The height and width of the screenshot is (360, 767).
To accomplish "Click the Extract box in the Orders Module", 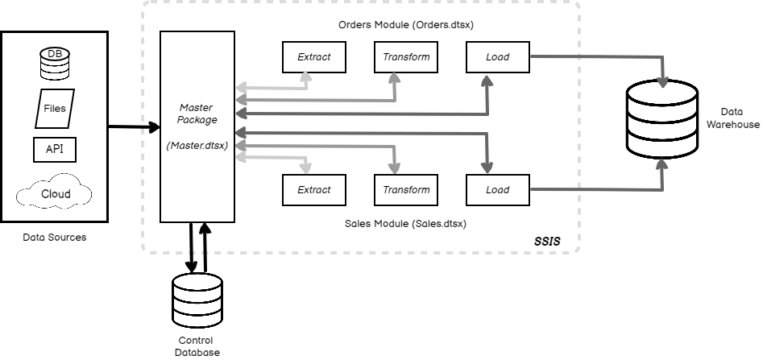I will [313, 57].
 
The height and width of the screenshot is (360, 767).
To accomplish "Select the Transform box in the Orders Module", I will [406, 57].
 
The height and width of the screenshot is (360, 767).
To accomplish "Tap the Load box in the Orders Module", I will [497, 57].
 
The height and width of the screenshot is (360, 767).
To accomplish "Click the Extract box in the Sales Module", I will [313, 190].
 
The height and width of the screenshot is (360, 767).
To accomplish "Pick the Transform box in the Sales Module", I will [406, 190].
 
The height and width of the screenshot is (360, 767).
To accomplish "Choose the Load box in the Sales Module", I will [497, 190].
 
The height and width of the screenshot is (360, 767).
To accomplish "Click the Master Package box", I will [197, 126].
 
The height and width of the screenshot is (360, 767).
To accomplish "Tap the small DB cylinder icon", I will [55, 63].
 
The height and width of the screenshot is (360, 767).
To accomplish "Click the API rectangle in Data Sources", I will [55, 150].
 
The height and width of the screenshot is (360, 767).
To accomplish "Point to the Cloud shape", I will [55, 194].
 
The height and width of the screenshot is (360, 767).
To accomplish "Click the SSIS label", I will [547, 241].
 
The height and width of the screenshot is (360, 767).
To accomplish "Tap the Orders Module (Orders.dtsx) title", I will [405, 24].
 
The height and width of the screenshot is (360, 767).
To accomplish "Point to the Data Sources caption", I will [55, 238].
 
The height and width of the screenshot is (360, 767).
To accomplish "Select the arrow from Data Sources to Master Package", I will [133, 126].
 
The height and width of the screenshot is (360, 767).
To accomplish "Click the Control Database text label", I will [197, 346].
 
